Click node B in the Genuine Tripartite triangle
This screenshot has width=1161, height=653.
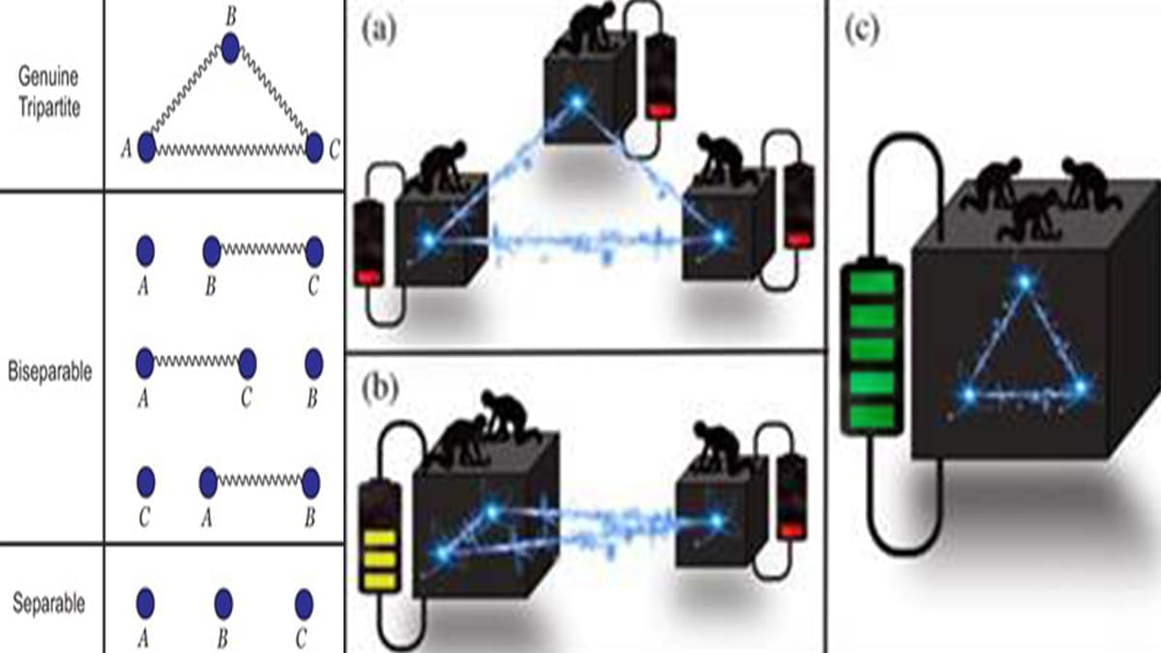(229, 47)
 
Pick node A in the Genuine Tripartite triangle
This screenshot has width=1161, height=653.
(146, 148)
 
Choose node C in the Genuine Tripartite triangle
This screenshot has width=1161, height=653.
(313, 148)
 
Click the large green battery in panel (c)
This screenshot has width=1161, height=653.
(873, 348)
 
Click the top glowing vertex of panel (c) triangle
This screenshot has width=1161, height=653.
(1024, 282)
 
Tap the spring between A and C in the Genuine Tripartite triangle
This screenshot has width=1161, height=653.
(229, 150)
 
